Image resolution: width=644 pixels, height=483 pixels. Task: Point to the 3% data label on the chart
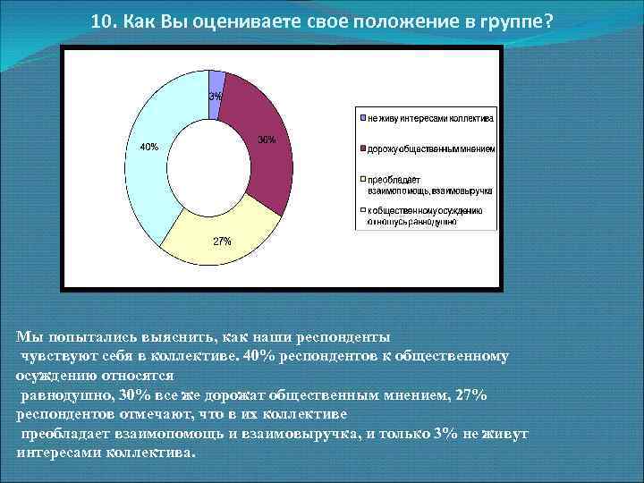[216, 96]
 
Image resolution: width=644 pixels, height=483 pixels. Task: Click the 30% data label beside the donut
[267, 140]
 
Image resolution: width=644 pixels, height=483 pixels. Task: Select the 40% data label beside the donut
[148, 147]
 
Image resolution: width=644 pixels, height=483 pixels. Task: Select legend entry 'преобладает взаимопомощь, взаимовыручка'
[425, 184]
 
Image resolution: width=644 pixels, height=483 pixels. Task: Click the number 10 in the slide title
[100, 21]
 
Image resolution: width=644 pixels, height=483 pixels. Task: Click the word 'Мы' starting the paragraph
[29, 337]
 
